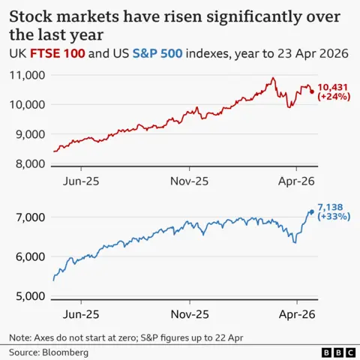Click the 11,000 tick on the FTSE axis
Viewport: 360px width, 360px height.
click(x=27, y=75)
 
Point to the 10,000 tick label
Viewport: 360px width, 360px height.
click(x=27, y=104)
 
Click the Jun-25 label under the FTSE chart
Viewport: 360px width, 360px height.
click(x=81, y=181)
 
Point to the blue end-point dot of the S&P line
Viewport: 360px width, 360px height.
click(x=311, y=211)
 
